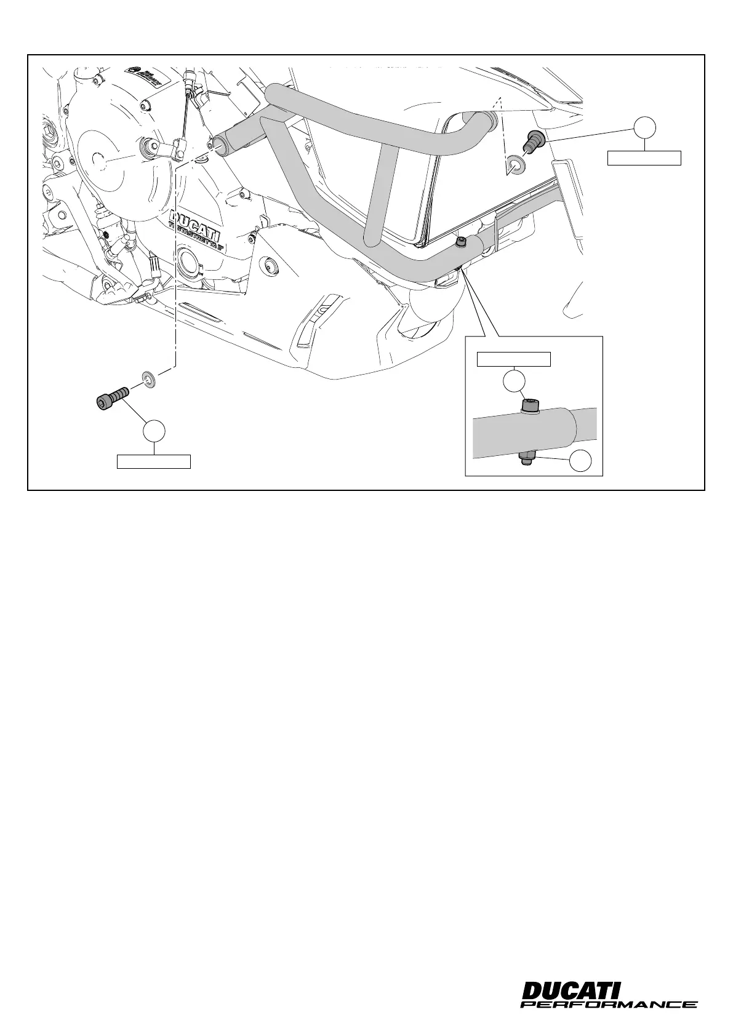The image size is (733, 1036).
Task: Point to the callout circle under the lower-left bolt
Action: [x=154, y=431]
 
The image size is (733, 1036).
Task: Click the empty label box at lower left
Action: [x=154, y=461]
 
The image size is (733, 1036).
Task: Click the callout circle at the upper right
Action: [x=644, y=126]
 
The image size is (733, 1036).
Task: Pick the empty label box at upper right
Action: [x=644, y=157]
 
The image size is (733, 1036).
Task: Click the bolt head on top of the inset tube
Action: [x=529, y=405]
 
